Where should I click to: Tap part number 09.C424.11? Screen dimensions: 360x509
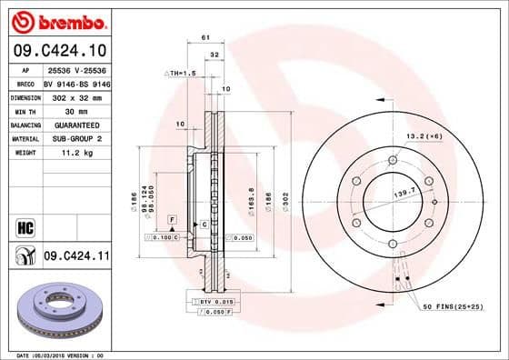(75, 259)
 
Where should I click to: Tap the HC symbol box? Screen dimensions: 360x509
(24, 226)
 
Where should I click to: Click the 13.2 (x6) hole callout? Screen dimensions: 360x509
(424, 135)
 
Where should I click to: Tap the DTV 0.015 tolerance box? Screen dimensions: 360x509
(214, 300)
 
